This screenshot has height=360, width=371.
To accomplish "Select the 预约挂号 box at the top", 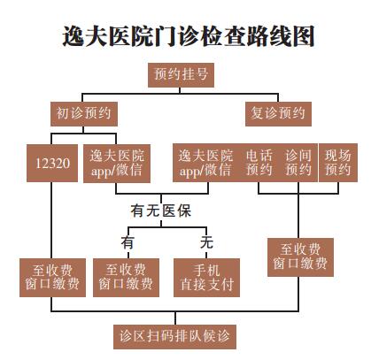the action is point(181,75).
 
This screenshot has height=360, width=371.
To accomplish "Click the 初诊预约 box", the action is point(84,114).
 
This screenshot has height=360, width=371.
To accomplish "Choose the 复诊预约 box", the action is point(278,114).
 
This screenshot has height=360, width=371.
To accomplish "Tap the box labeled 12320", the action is point(52,163).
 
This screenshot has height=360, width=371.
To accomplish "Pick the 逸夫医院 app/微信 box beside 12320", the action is point(117,164).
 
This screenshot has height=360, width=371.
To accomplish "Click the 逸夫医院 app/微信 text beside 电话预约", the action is point(205,163).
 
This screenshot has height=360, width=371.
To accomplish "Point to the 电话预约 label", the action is point(259,163).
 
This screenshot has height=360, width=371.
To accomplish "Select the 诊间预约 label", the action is point(298,163).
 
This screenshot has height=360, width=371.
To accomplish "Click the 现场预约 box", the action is point(338,163).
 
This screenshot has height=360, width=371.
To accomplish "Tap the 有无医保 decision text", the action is point(161,211).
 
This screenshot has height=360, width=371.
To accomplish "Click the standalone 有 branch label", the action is point(128,242).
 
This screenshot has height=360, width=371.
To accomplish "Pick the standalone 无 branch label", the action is point(206,242).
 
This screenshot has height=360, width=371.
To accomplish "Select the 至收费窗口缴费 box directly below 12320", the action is point(52,278).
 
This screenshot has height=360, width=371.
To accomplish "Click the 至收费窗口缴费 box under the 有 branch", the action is point(126,278).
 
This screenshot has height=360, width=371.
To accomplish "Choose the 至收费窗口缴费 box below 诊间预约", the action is point(300,257).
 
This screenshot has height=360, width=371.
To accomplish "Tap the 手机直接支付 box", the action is point(206,278).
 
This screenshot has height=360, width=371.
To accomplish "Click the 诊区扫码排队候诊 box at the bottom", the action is point(174,337).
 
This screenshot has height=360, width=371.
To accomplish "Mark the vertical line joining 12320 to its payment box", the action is point(51,220).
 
